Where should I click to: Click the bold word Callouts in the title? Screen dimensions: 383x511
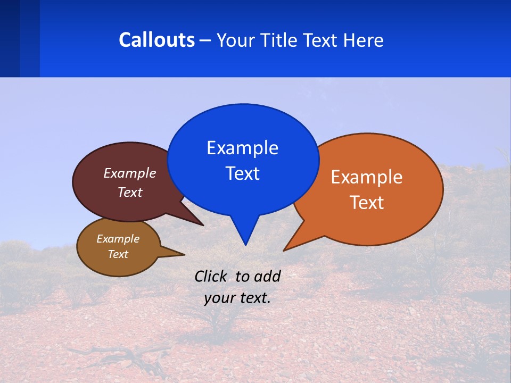(x=156, y=40)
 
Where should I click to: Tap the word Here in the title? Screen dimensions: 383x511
(x=364, y=40)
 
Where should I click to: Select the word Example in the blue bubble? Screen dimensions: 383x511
(x=242, y=148)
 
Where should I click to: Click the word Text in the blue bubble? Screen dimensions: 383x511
(x=242, y=173)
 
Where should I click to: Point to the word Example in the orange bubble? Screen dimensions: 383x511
(x=367, y=177)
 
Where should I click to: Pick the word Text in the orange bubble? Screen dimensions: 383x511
(x=367, y=203)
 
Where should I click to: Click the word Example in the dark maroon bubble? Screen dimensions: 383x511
(x=130, y=173)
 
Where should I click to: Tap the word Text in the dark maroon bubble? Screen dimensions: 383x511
(x=130, y=192)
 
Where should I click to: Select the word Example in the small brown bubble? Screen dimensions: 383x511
(x=118, y=239)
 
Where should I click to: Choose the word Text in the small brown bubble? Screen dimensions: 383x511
(x=118, y=254)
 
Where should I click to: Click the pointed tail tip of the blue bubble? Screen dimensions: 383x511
(x=245, y=245)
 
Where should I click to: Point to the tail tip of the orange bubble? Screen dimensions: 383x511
(x=284, y=250)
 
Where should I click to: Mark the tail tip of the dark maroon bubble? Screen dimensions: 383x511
(x=203, y=225)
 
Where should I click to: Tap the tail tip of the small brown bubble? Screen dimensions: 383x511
(x=184, y=254)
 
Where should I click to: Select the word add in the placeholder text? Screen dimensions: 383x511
(x=267, y=276)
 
